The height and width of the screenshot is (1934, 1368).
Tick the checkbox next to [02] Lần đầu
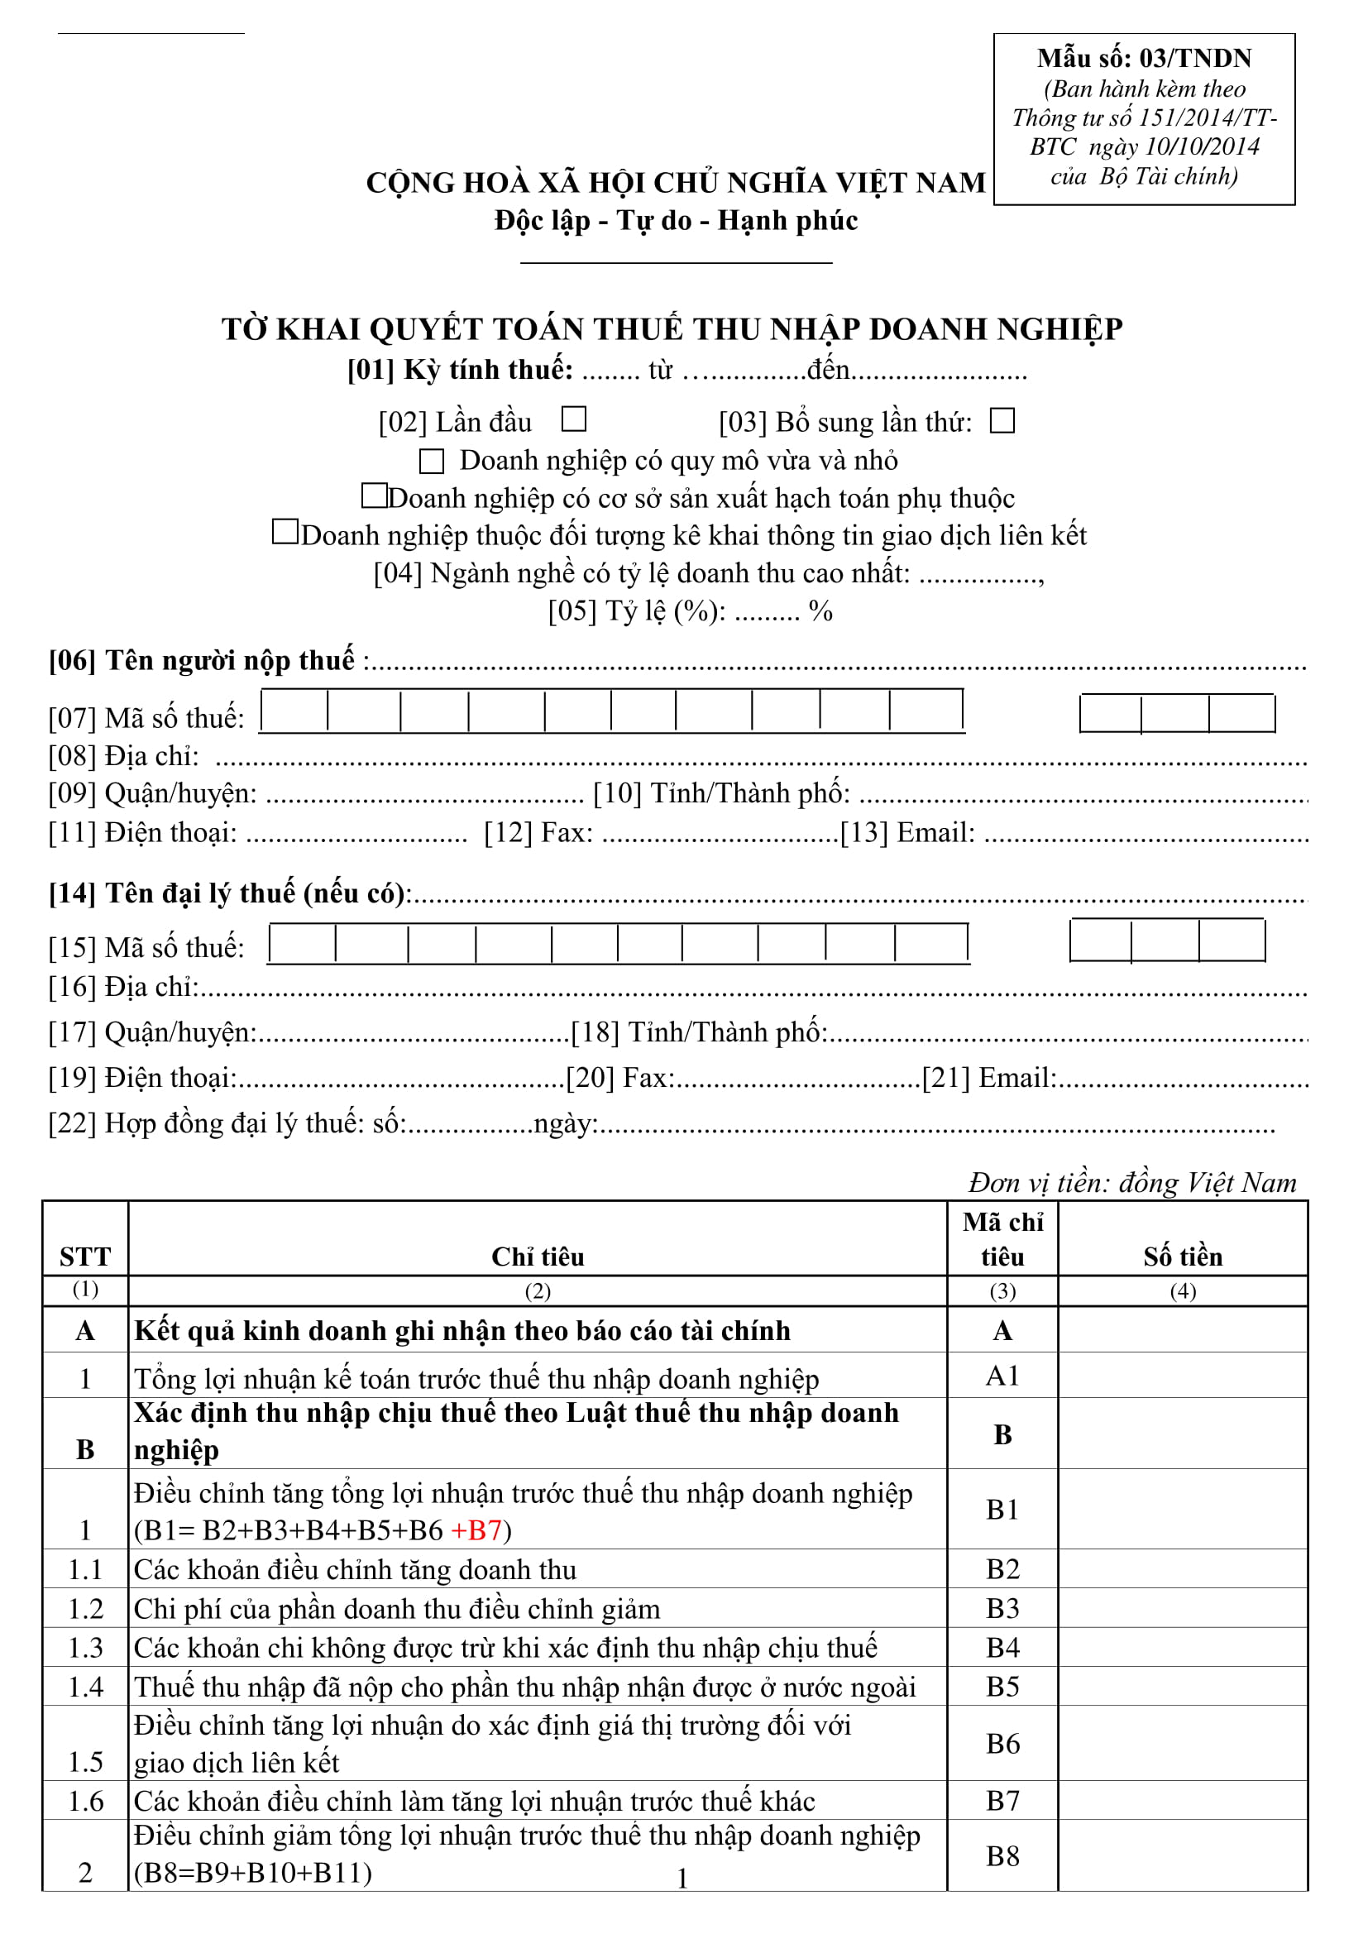tap(574, 419)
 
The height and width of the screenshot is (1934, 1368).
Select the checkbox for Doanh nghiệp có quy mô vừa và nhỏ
tap(431, 461)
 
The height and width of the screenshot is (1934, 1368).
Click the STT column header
tap(85, 1257)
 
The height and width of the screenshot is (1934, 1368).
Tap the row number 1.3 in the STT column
tap(85, 1649)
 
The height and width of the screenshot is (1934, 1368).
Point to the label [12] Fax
tap(538, 833)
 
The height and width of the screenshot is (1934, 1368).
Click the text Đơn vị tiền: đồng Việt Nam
tap(1132, 1183)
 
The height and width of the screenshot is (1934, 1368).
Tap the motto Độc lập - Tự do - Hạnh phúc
tap(676, 221)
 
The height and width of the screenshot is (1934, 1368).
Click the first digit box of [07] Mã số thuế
tap(294, 711)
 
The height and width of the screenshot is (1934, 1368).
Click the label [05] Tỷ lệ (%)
tap(637, 610)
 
